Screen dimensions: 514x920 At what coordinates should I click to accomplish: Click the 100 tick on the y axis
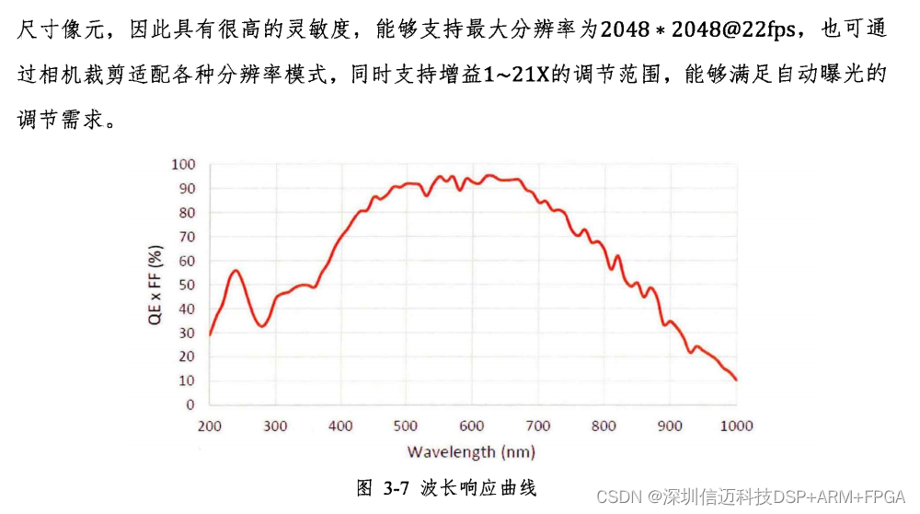click(184, 164)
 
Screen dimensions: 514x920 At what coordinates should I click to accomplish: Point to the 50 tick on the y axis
click(187, 285)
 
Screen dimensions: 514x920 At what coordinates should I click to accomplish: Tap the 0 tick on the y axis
click(190, 404)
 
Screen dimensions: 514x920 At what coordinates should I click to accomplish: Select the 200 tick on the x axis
click(210, 426)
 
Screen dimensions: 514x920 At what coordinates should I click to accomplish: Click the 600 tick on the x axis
click(473, 426)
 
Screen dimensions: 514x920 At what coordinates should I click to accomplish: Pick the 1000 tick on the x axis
click(735, 426)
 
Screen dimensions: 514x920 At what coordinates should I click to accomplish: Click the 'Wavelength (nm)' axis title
click(471, 451)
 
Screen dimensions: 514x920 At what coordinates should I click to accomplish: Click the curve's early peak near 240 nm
click(236, 270)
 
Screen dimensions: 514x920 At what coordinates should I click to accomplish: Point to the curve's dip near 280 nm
click(262, 326)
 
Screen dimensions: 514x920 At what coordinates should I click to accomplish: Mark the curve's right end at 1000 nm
click(736, 380)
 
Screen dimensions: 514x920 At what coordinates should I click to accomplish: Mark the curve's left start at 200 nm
click(210, 334)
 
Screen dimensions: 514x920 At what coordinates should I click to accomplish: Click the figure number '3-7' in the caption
click(396, 487)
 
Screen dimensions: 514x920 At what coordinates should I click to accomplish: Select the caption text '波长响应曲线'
click(478, 487)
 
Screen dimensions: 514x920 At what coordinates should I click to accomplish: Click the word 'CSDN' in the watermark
click(618, 497)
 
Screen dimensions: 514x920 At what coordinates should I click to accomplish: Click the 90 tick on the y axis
click(187, 188)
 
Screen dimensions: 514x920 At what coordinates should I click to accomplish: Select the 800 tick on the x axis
click(604, 426)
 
